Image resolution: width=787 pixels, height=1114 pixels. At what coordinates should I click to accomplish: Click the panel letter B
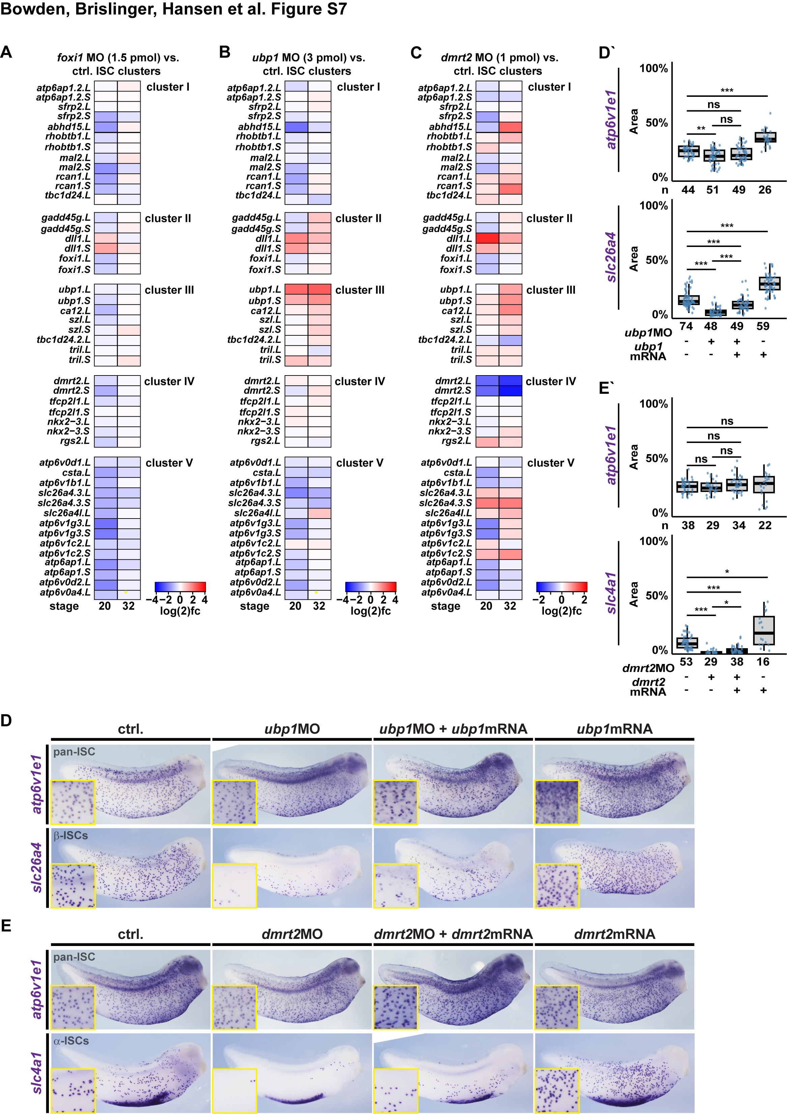[x=225, y=52]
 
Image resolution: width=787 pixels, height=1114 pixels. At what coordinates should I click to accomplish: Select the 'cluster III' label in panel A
[x=169, y=290]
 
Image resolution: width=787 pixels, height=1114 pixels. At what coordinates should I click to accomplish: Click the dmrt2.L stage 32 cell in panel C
[x=510, y=381]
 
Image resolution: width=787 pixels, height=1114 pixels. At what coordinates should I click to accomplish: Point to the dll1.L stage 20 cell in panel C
[x=487, y=238]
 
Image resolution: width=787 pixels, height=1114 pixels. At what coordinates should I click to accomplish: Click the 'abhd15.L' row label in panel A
[x=68, y=127]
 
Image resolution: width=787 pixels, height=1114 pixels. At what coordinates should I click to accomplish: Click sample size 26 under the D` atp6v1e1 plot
[x=765, y=190]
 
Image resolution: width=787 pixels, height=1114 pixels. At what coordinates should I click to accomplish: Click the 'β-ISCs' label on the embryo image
[x=71, y=835]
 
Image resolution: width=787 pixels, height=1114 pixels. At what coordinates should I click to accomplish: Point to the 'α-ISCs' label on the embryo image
[x=71, y=1041]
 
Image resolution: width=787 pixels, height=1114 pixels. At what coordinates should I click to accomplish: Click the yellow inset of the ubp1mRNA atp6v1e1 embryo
[x=557, y=802]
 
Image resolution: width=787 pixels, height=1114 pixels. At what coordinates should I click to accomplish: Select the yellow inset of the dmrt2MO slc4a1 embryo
[x=235, y=1090]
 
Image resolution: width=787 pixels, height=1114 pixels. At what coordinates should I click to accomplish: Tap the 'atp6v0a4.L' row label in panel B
[x=256, y=592]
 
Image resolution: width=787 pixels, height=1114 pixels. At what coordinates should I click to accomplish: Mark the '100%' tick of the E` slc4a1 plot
[x=654, y=541]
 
